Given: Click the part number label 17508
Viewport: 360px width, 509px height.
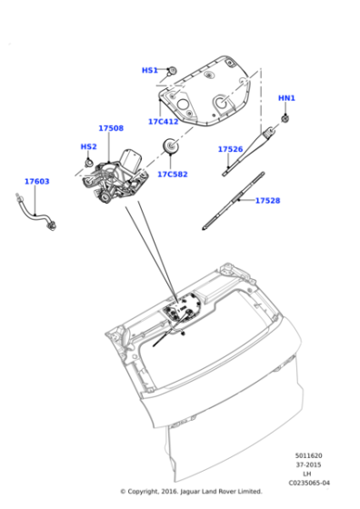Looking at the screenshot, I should [111, 129].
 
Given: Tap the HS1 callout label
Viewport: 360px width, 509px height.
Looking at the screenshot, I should [149, 70].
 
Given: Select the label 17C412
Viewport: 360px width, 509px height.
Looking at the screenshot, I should [163, 121].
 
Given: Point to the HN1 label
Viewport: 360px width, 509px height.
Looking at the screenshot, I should [286, 98].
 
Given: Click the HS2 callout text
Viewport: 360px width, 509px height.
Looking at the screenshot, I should [88, 146].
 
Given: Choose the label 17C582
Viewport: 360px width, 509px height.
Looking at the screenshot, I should [172, 174].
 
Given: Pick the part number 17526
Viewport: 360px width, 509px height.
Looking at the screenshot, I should [230, 149].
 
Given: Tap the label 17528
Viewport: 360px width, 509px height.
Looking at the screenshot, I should [267, 200].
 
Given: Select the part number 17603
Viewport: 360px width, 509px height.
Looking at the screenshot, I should [36, 182].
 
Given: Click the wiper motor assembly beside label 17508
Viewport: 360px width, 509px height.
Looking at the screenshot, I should [114, 177].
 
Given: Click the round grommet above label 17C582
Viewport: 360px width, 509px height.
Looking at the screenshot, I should [169, 145].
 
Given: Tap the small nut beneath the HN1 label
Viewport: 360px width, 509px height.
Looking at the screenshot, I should [285, 117].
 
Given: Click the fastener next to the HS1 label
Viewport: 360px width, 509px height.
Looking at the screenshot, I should [170, 70].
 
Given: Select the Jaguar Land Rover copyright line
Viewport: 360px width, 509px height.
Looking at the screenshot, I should [191, 492].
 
